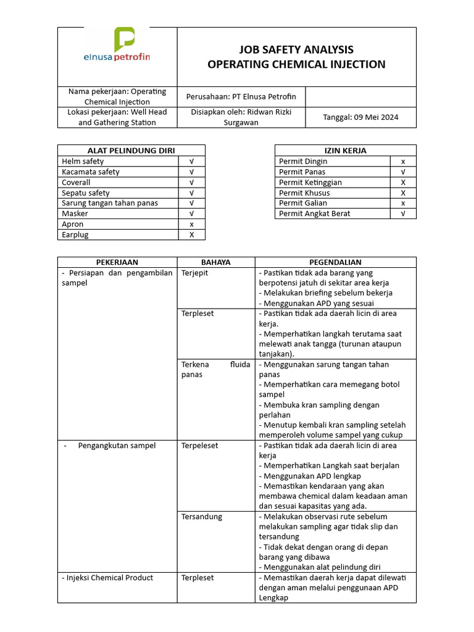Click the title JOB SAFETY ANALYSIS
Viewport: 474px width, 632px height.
(296, 49)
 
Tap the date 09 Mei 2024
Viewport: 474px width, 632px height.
(360, 117)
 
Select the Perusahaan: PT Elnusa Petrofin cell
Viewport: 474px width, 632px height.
(241, 96)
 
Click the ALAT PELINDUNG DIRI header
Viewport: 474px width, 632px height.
(131, 150)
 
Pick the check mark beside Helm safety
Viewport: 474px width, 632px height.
(191, 161)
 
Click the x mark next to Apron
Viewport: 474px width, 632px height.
(191, 224)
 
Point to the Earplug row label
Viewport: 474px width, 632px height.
(76, 235)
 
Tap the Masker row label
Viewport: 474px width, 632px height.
(75, 214)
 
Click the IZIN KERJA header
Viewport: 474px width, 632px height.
(345, 150)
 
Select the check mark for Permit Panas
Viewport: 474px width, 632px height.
(403, 172)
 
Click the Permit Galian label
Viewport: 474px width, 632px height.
(303, 203)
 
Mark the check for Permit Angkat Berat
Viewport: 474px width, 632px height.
(403, 214)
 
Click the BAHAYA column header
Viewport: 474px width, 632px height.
(215, 262)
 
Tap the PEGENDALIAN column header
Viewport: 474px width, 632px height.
(335, 262)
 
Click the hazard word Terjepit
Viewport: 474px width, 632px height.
(194, 273)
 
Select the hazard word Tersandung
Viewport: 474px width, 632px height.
(202, 517)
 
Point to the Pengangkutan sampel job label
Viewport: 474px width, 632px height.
(117, 446)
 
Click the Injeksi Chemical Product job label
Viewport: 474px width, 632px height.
(107, 578)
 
